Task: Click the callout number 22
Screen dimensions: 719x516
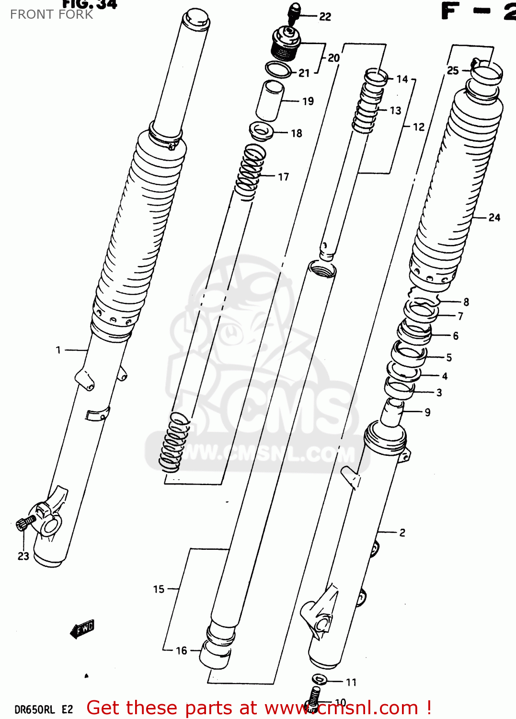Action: (325, 17)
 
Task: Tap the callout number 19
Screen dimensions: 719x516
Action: (308, 101)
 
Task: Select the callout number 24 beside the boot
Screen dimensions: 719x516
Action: (494, 218)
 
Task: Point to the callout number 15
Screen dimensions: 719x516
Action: (159, 589)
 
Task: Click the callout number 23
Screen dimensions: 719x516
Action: (23, 556)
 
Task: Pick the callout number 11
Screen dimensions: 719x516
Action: (351, 682)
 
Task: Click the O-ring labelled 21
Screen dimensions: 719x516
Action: (278, 70)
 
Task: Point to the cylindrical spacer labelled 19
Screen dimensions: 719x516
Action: (270, 101)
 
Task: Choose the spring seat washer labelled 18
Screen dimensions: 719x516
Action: (261, 130)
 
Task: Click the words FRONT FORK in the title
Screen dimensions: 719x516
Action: (51, 14)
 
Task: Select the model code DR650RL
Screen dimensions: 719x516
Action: (34, 709)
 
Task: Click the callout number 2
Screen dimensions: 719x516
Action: (402, 533)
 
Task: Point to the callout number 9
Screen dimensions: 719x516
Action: (427, 412)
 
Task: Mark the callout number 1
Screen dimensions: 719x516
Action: (58, 350)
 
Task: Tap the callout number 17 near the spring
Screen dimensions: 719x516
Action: (284, 177)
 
